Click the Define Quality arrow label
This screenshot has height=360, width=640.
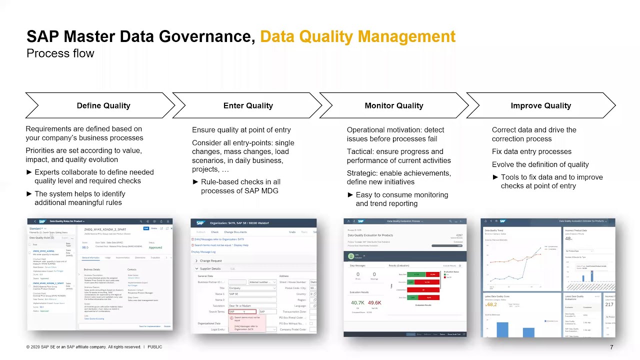pos(103,105)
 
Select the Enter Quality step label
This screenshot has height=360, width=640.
pos(248,105)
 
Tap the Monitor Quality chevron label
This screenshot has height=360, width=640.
pos(393,105)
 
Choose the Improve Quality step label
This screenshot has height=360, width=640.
pos(540,105)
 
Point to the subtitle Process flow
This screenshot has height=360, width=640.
pos(60,53)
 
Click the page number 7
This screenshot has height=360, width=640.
pos(611,347)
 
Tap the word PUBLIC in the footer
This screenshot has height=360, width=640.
pos(154,347)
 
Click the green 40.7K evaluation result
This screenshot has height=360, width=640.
pos(357,303)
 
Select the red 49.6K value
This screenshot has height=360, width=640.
pos(374,303)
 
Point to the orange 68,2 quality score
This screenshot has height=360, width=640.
pos(491,304)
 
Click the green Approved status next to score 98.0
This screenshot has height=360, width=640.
pos(155,247)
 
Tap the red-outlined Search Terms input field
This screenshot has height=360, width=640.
pos(242,311)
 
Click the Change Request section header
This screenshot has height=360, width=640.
pos(210,260)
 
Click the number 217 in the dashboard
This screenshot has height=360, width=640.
pos(609,304)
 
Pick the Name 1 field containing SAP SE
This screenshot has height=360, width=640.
pos(252,294)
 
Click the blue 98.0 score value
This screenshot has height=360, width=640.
pos(85,247)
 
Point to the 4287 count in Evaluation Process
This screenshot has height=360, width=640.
pos(459,235)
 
